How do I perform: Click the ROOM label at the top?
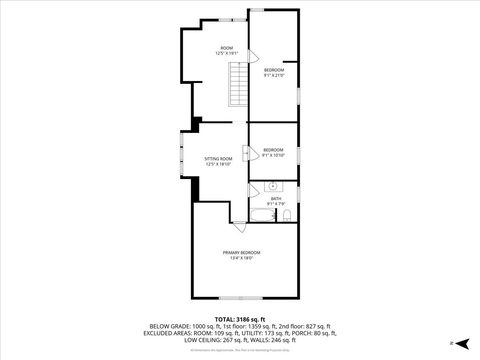click(x=227, y=48)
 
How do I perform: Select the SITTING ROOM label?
click(x=218, y=159)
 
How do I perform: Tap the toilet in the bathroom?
click(x=287, y=215)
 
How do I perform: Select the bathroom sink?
click(x=272, y=186)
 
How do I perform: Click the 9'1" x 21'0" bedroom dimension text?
click(x=274, y=75)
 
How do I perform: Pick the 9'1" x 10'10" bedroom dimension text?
click(x=274, y=156)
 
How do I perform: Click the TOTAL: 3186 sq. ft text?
click(x=240, y=319)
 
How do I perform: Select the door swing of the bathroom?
click(x=254, y=189)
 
